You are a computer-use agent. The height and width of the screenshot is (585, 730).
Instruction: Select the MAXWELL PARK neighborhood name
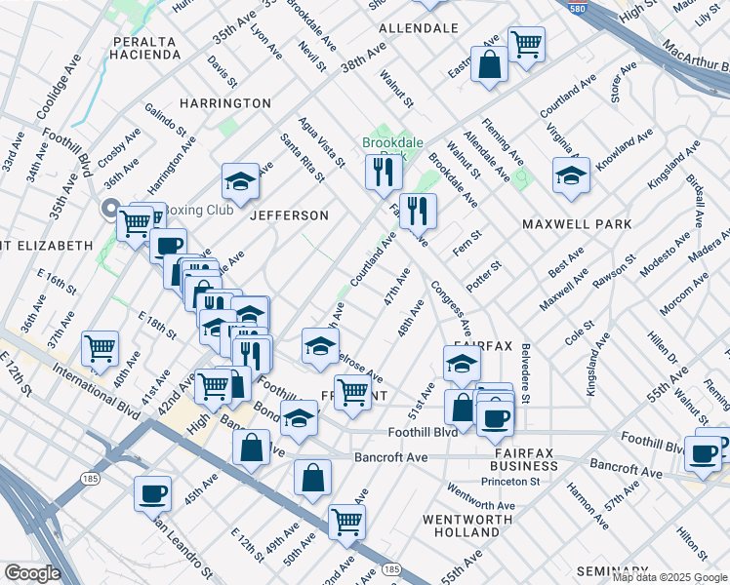coord(577,224)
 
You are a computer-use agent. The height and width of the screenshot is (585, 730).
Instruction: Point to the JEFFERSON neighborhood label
coord(290,214)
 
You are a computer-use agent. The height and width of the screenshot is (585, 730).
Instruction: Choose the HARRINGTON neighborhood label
coord(224,103)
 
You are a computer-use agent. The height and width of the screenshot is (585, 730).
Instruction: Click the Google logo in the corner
coord(31,573)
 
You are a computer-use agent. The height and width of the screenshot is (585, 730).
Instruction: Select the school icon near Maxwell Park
coord(571,176)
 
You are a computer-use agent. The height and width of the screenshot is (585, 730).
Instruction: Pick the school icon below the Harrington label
coord(240,181)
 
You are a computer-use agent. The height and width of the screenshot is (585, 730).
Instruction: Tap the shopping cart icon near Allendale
coord(526,44)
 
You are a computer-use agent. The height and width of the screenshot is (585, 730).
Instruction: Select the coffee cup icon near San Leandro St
coord(153,493)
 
